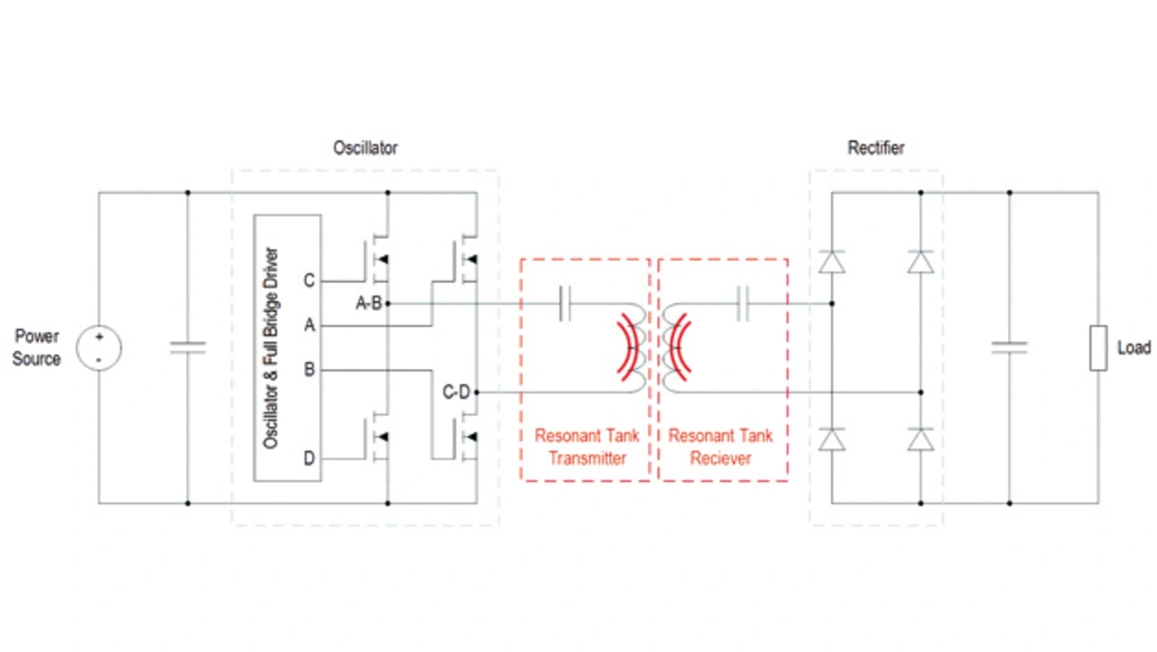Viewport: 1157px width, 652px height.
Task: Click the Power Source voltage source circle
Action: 99,348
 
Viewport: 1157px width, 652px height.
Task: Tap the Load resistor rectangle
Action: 1098,348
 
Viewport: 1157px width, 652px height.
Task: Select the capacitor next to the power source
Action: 187,347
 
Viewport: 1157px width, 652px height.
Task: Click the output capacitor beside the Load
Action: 1009,347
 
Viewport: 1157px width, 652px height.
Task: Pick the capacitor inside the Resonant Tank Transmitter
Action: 567,304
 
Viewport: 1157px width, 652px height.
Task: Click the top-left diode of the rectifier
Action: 831,261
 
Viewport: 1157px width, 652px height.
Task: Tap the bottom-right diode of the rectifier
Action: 920,439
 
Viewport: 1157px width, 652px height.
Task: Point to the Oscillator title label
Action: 365,147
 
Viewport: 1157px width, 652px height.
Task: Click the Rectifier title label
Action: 876,147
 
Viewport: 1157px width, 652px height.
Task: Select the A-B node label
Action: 369,304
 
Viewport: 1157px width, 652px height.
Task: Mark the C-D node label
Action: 456,392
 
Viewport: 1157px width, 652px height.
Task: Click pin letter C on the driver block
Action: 309,281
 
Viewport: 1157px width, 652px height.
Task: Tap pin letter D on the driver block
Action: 309,459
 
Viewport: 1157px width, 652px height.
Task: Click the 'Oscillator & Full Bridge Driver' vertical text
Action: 270,348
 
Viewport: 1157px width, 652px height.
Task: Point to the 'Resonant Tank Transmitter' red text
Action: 587,447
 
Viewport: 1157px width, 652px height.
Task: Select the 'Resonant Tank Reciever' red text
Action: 720,447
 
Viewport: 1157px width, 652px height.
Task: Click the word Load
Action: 1133,348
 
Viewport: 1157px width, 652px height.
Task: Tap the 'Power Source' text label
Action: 37,348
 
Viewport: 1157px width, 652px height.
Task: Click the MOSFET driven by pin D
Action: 377,439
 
